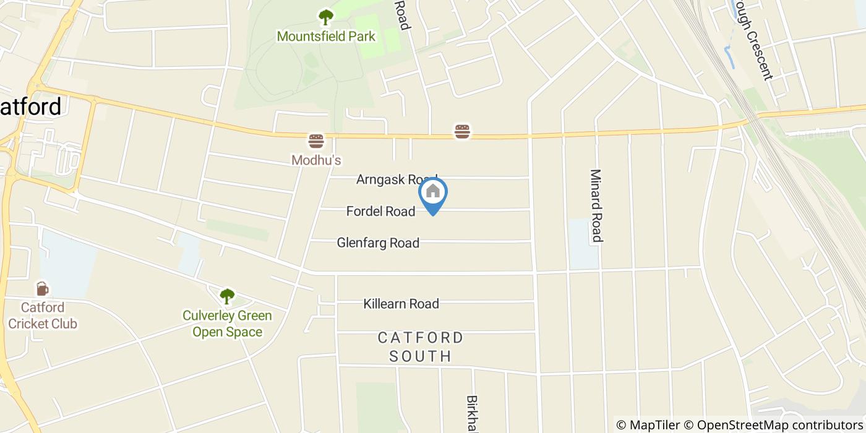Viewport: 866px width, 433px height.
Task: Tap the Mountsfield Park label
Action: tap(326, 36)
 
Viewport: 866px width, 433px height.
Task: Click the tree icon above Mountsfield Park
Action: tap(325, 17)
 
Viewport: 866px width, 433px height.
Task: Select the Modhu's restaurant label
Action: tap(316, 160)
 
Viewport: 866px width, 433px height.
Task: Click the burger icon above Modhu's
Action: tap(316, 141)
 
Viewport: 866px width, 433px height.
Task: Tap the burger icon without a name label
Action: tap(462, 131)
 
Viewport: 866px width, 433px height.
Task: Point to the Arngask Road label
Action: tap(397, 179)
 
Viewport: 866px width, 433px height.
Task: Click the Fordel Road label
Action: tap(380, 212)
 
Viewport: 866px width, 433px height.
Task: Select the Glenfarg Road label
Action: tap(378, 243)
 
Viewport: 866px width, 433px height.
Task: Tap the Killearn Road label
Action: tap(401, 304)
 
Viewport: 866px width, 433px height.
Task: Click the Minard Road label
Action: tap(596, 205)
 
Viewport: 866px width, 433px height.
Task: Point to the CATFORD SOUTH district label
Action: tap(421, 347)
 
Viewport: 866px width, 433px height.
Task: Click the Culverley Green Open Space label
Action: tap(227, 324)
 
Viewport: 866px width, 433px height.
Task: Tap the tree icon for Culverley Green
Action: tap(227, 296)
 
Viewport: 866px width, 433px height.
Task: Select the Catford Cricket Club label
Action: tap(43, 315)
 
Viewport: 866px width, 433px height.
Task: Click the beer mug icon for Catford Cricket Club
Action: tap(42, 288)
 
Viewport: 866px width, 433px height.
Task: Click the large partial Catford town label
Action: tap(31, 107)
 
